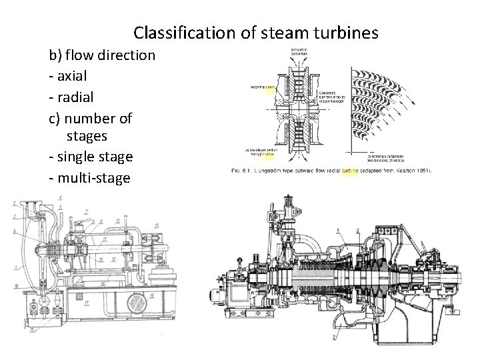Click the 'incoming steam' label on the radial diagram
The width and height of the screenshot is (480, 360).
tap(263, 87)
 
